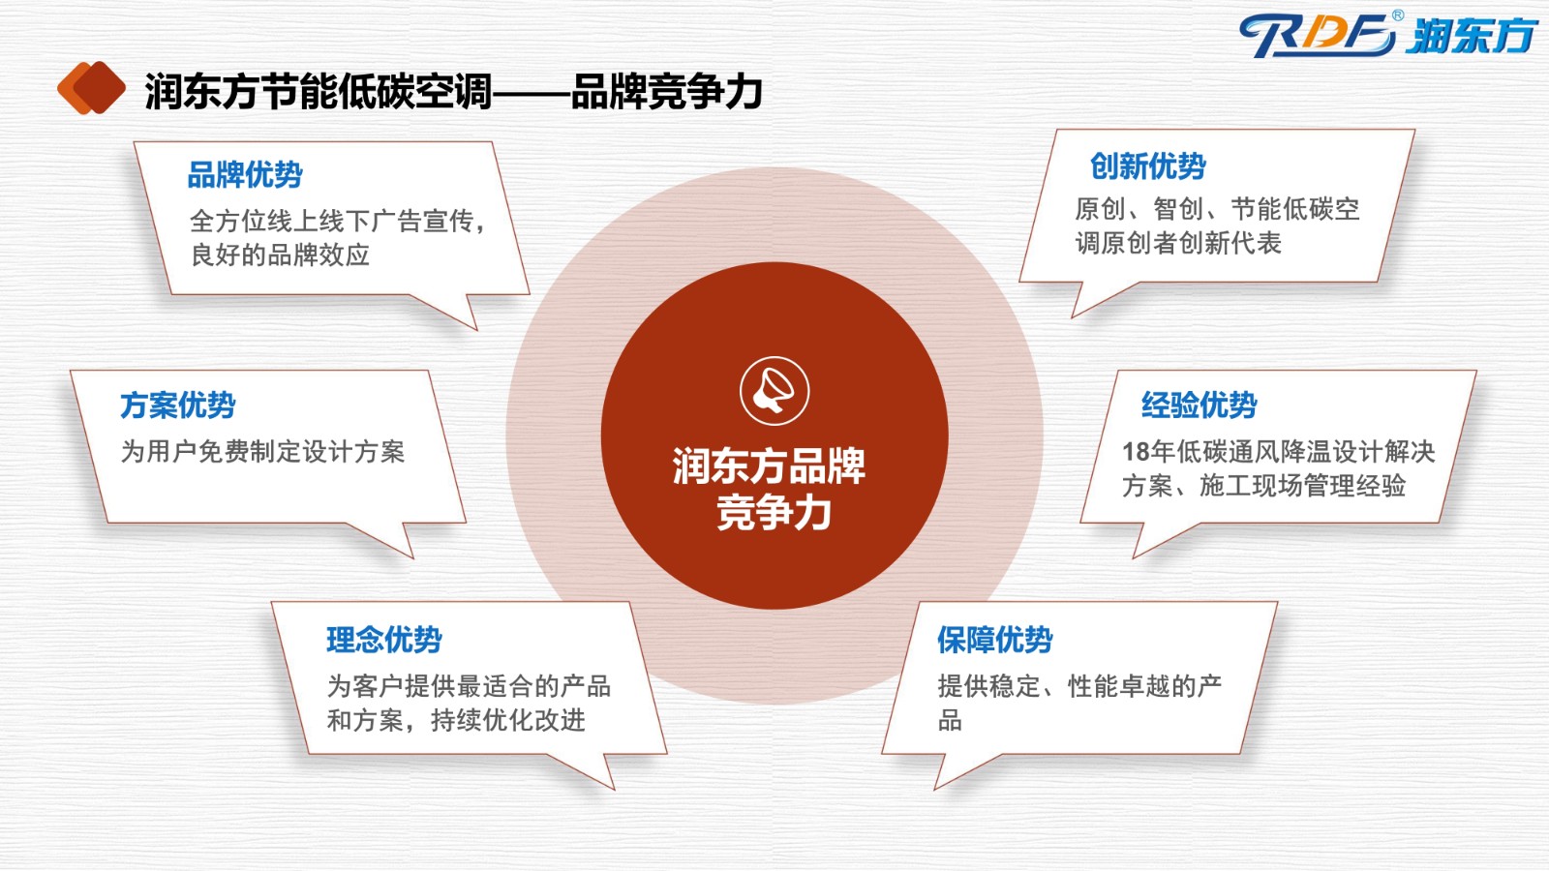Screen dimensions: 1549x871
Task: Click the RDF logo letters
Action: coord(1318,35)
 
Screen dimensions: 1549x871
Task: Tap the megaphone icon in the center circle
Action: coord(774,391)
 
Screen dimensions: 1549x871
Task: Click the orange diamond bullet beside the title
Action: coord(91,88)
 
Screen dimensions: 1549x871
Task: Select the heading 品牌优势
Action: coord(245,174)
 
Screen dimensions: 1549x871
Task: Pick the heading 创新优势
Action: coord(1148,165)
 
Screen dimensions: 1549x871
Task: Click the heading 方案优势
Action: coord(178,405)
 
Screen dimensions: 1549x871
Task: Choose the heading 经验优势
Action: coord(1200,405)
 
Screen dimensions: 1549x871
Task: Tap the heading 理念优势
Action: coord(383,640)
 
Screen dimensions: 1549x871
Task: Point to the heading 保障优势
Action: coord(995,640)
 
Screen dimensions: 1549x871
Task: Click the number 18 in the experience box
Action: coord(1136,452)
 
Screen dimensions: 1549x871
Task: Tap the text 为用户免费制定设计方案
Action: coord(262,452)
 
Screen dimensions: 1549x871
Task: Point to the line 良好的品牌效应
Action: coord(280,255)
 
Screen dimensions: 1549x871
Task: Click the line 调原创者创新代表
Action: coord(1178,243)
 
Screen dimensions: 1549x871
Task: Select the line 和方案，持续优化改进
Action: coord(456,720)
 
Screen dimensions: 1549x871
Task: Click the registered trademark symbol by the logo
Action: coord(1398,15)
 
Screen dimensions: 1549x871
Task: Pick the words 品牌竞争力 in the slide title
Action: coord(667,91)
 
